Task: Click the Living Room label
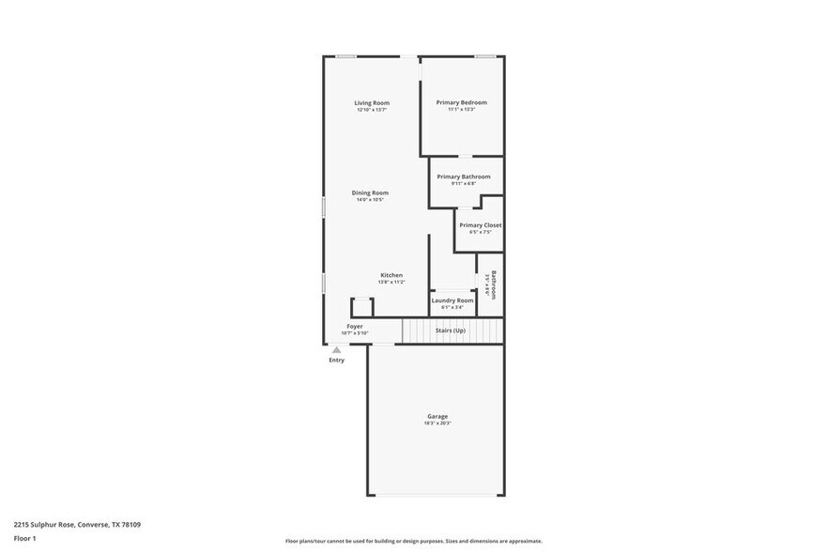pos(372,102)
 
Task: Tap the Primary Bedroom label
pos(462,102)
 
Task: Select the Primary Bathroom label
pos(463,176)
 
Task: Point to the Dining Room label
pos(370,192)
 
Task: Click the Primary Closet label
pos(480,225)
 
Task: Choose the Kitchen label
pos(391,275)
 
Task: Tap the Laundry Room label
pos(452,300)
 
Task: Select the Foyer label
pos(355,326)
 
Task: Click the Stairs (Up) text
pos(450,330)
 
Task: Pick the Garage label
pos(437,416)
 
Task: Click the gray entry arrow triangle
pos(336,349)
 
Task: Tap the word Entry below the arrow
pos(336,360)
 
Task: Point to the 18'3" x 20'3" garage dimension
pos(437,423)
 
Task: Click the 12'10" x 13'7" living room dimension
pos(372,110)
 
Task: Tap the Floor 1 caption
pos(24,538)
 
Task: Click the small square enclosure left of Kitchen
pos(361,307)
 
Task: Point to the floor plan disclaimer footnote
pos(413,542)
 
